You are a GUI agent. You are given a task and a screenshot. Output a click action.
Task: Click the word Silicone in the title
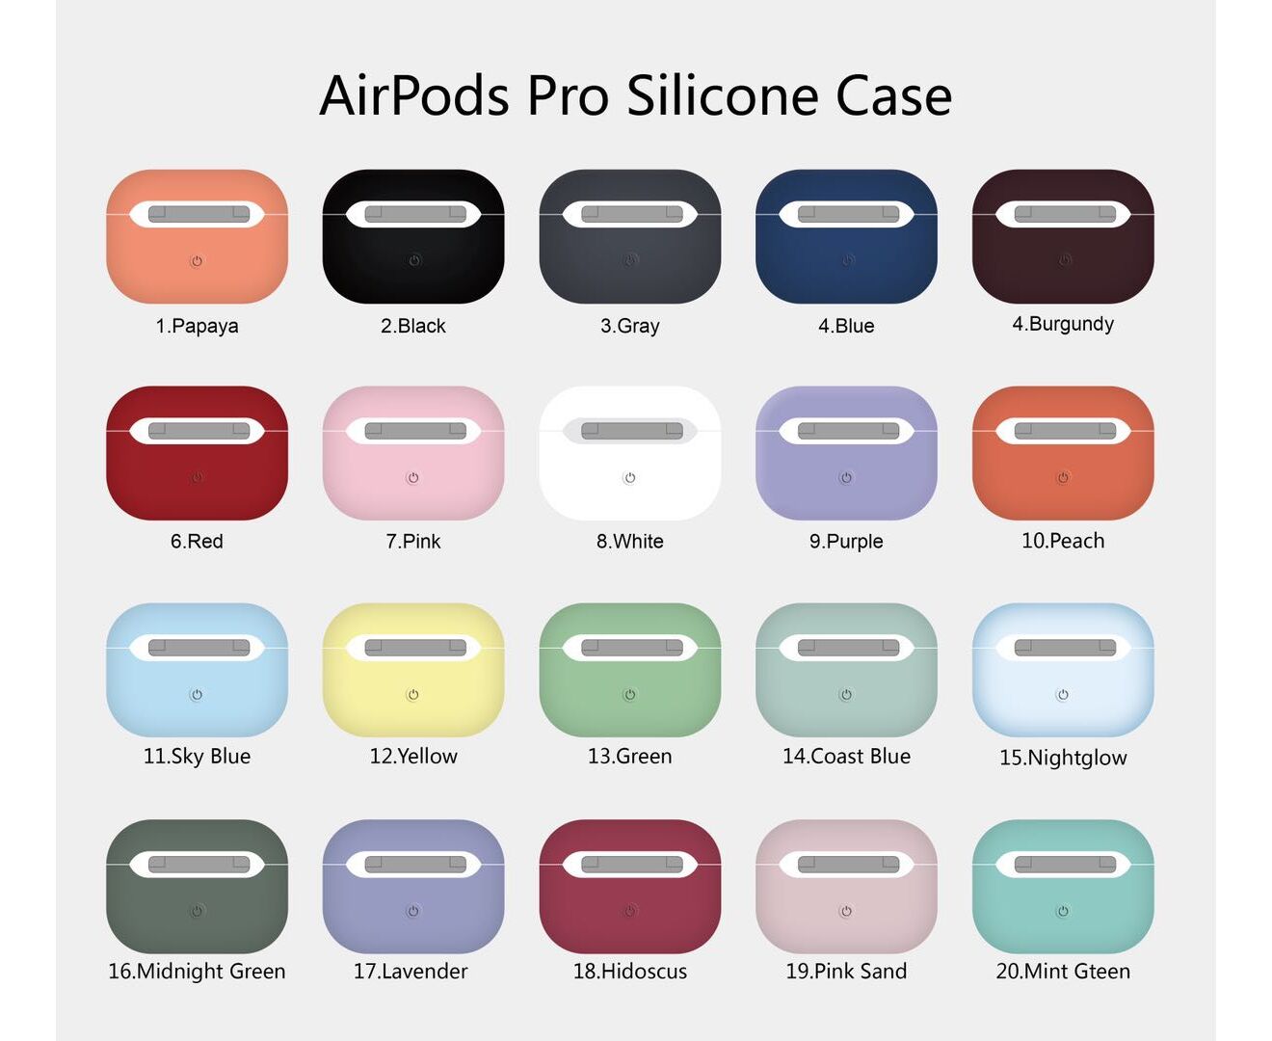[722, 95]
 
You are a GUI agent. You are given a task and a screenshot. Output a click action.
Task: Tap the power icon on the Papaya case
[197, 261]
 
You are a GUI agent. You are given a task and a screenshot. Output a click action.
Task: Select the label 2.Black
[413, 326]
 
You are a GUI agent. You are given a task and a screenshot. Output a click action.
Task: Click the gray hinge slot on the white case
[631, 430]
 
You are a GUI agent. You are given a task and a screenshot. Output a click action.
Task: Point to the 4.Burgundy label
[1063, 324]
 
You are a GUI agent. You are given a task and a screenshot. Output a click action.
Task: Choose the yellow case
[413, 669]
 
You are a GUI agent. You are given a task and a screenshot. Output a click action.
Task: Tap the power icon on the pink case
[413, 478]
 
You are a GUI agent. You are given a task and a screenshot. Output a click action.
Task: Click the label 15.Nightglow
[1063, 758]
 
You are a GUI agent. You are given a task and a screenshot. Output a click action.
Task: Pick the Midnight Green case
[197, 886]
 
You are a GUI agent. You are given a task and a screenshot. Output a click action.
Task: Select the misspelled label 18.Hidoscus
[629, 971]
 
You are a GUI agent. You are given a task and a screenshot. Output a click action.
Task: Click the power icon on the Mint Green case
[1063, 911]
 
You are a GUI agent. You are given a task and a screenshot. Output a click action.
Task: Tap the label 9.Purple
[846, 542]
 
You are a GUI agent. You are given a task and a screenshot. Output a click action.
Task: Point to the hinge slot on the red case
[199, 430]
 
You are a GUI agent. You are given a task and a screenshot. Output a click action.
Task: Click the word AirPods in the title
[414, 95]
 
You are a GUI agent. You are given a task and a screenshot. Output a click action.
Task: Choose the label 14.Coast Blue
[846, 756]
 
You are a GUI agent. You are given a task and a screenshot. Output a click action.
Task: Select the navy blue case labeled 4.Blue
[846, 236]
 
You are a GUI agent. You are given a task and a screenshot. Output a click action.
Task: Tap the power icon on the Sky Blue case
[197, 695]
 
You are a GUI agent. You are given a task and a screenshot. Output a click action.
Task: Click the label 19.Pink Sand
[846, 971]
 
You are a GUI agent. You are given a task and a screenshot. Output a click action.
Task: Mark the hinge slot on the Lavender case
[415, 864]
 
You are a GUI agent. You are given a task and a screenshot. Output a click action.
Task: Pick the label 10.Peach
[1063, 541]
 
